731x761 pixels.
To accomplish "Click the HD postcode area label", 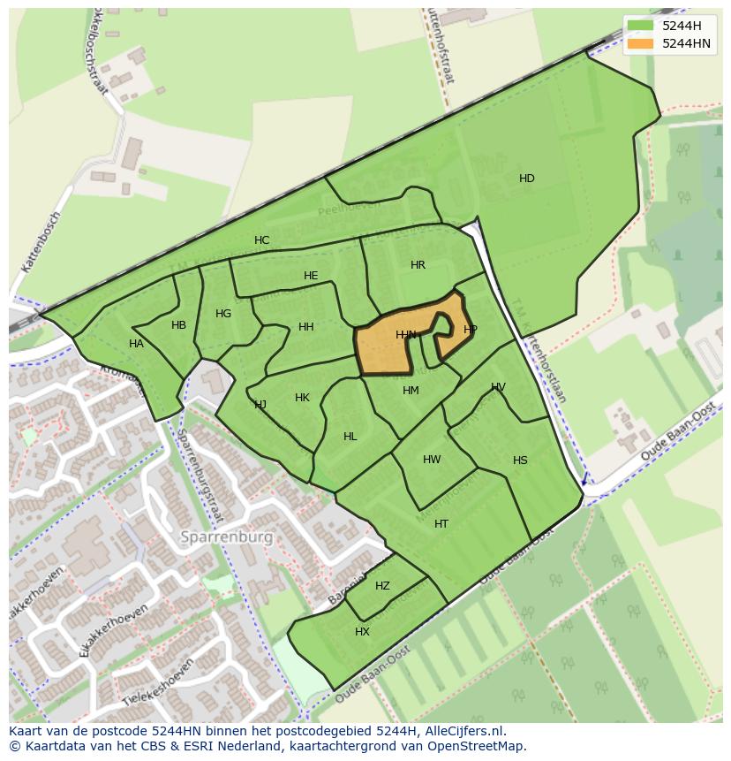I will click(x=526, y=179).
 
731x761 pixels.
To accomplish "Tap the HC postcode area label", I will click(x=261, y=240).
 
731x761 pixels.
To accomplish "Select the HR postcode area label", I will click(x=418, y=265).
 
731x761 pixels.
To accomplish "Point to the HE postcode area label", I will click(x=311, y=276).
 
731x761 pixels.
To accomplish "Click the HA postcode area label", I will click(x=136, y=344).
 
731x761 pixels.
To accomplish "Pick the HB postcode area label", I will click(x=178, y=325).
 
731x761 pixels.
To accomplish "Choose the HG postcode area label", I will click(x=223, y=314).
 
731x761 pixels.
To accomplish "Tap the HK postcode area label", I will click(x=302, y=398).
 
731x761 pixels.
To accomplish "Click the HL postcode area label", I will click(x=350, y=437).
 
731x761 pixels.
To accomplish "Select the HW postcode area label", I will click(x=432, y=460).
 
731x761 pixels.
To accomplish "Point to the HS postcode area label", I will click(x=520, y=460).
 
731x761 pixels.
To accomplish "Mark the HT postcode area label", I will click(x=441, y=524).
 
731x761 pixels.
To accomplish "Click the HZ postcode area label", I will click(x=382, y=586).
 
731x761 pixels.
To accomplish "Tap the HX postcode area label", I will click(x=362, y=632).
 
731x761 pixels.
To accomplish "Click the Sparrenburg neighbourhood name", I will click(x=226, y=537).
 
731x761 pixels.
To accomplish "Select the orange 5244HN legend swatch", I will click(x=641, y=42).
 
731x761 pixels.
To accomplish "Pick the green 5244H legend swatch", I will click(x=641, y=26).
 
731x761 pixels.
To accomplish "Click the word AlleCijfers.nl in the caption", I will click(x=463, y=731).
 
